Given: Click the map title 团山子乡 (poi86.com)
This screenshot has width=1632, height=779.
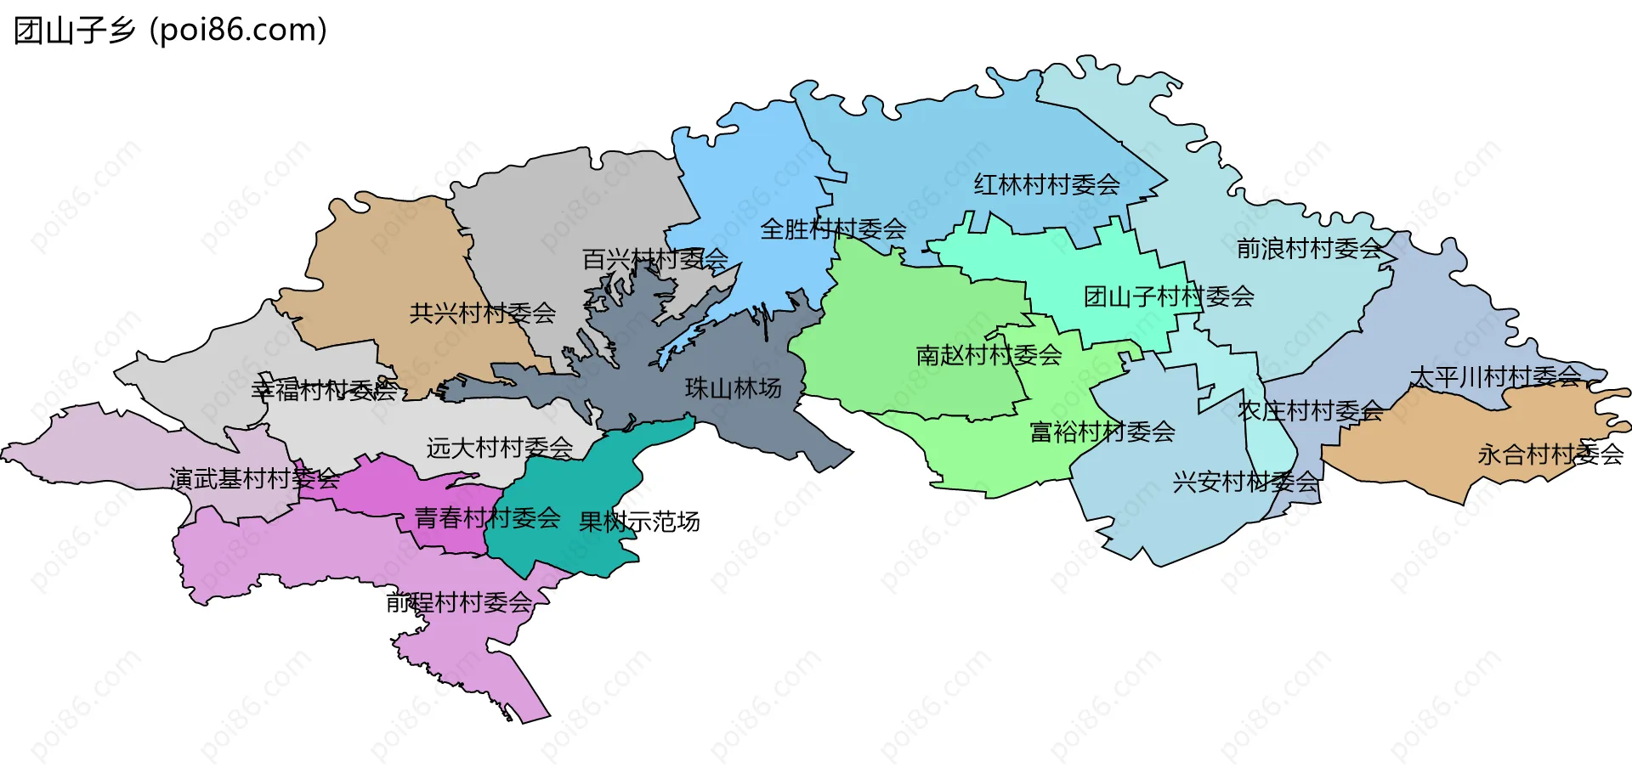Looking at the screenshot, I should pos(170,31).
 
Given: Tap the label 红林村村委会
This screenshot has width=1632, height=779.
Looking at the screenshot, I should pos(1046,184).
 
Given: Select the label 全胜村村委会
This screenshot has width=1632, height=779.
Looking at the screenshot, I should pos(833,229).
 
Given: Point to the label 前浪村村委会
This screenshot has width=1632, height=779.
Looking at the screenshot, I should pos(1309,248).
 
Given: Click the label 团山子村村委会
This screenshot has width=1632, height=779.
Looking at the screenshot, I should pos(1169,296).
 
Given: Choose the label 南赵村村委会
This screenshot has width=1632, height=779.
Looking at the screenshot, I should pos(989,354).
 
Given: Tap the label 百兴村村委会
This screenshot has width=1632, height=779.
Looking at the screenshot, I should pos(654,259).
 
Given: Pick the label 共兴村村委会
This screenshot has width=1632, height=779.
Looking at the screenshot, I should pos(482,313).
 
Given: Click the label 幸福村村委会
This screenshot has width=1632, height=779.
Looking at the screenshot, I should pos(324,390).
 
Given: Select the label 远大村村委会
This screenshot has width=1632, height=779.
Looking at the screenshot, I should pos(499,447).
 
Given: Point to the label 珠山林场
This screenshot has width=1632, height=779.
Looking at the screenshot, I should pos(733,388).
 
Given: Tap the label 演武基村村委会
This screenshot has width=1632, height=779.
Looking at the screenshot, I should pos(254,478).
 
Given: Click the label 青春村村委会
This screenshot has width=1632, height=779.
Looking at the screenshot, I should pos(487,517).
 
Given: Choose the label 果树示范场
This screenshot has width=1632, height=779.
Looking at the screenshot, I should pos(639,521).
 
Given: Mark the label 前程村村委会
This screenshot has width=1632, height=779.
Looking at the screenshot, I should pos(459,602).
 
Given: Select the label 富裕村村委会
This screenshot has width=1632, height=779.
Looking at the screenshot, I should pos(1102,432).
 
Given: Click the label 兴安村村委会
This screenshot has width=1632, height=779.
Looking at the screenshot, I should pos(1245,482).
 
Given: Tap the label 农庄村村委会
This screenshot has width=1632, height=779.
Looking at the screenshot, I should pos(1310,410).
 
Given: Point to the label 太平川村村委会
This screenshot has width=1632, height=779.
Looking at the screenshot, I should pos(1495,375).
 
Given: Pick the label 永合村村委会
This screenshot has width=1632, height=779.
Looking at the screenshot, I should pos(1550,454).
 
